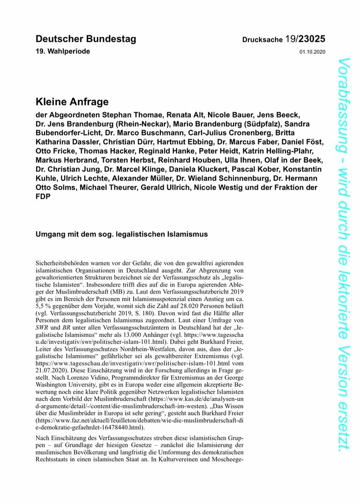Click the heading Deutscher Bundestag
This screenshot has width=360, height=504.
click(86, 39)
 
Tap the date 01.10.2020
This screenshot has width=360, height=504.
click(312, 52)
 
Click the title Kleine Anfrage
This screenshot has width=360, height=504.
click(72, 102)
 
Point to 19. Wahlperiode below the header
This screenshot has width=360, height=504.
click(63, 51)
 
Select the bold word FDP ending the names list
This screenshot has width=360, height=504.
click(43, 197)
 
